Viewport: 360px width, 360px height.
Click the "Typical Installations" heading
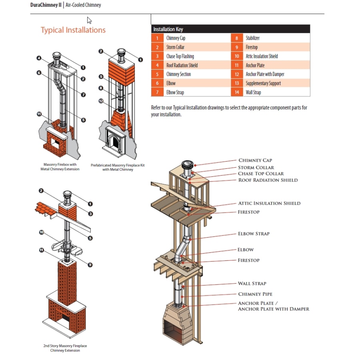tap(73, 30)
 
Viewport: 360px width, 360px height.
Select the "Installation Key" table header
tap(168, 29)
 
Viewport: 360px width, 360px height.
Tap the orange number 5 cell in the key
tap(157, 74)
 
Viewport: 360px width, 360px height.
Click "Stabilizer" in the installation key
tap(253, 38)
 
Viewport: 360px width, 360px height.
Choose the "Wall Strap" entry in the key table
tap(253, 92)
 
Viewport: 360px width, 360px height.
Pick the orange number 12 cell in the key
tap(237, 74)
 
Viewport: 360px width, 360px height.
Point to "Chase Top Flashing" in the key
tap(180, 56)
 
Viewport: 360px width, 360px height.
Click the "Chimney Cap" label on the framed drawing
tap(255, 160)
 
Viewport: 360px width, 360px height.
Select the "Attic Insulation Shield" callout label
tap(269, 203)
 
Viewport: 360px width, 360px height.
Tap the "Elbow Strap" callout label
tap(254, 234)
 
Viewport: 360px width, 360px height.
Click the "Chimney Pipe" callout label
tap(255, 294)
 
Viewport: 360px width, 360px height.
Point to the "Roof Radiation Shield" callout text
tap(268, 180)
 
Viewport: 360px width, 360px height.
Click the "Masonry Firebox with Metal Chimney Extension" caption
tap(60, 166)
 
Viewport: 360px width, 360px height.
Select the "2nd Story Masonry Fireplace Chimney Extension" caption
tap(65, 348)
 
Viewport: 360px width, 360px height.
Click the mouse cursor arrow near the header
tap(89, 20)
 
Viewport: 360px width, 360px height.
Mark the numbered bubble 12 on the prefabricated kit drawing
tap(101, 101)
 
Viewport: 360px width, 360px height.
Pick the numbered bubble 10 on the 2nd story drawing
tap(42, 232)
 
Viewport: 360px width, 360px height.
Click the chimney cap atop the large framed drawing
tap(187, 165)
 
